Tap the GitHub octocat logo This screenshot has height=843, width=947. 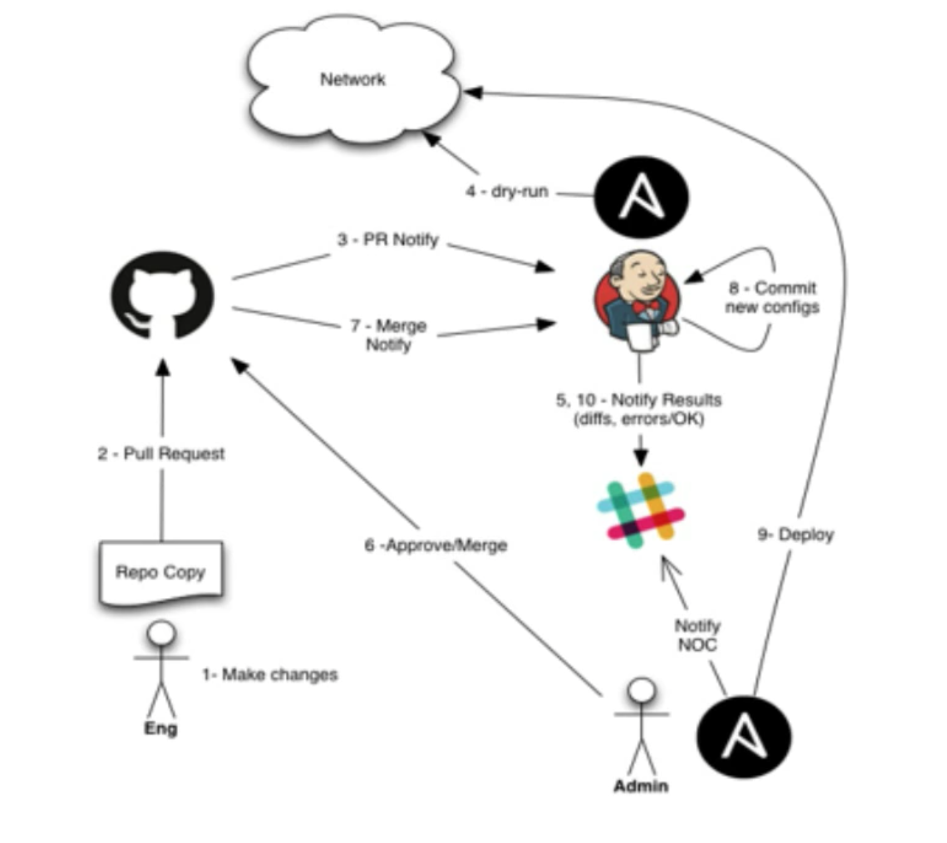tap(162, 295)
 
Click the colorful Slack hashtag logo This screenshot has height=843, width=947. tap(641, 510)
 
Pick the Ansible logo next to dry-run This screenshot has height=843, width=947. tap(641, 197)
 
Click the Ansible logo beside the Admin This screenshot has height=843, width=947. tap(744, 737)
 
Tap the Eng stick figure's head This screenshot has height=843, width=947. tap(161, 633)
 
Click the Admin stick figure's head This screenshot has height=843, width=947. tap(641, 690)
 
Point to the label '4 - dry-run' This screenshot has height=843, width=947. tap(506, 191)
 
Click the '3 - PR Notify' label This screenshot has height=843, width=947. tap(388, 240)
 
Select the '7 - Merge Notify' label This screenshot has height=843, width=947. tap(388, 335)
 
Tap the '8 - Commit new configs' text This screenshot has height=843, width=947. tap(772, 298)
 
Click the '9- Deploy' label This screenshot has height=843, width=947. tap(795, 535)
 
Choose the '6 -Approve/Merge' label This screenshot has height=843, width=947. tap(436, 545)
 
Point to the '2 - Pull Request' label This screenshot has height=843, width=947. tap(161, 454)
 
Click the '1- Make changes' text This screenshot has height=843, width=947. tap(270, 674)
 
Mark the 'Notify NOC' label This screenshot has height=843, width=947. tap(697, 635)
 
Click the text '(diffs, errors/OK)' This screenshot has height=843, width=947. tap(638, 419)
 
